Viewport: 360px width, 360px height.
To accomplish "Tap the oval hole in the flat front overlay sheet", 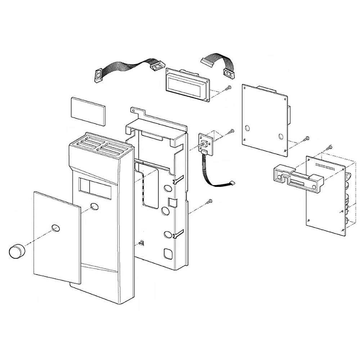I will (55, 228).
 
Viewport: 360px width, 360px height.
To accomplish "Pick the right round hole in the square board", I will (280, 136).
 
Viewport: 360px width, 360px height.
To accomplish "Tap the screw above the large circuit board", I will (330, 147).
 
